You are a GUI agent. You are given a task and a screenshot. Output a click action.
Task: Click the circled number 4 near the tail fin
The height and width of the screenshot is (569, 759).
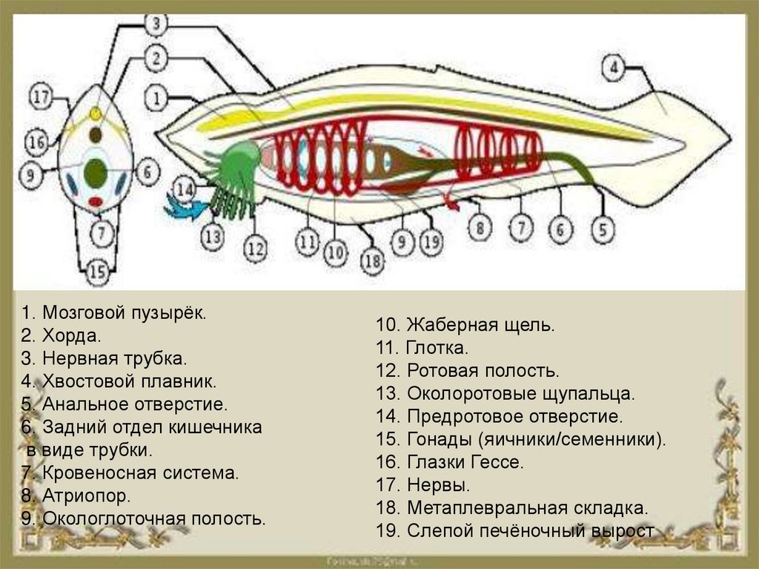[x=614, y=69]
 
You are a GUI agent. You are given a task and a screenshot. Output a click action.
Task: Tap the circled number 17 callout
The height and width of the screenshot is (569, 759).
[x=41, y=96]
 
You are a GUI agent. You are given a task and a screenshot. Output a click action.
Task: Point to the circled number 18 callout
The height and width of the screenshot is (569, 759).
[x=373, y=260]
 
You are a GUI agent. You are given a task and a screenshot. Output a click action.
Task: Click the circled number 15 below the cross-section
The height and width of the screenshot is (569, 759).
[x=98, y=272]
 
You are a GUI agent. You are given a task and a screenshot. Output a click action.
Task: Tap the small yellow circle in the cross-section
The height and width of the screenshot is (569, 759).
[x=96, y=114]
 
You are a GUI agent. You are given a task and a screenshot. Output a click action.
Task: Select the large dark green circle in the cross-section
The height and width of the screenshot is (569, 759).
[x=96, y=173]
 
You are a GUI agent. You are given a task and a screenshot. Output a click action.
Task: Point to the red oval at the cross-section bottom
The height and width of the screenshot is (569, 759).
[x=96, y=202]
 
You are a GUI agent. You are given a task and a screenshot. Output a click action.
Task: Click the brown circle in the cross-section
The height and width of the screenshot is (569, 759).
[x=96, y=136]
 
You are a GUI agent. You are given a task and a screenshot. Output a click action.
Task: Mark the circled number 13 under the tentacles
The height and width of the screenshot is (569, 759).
[x=213, y=237]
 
